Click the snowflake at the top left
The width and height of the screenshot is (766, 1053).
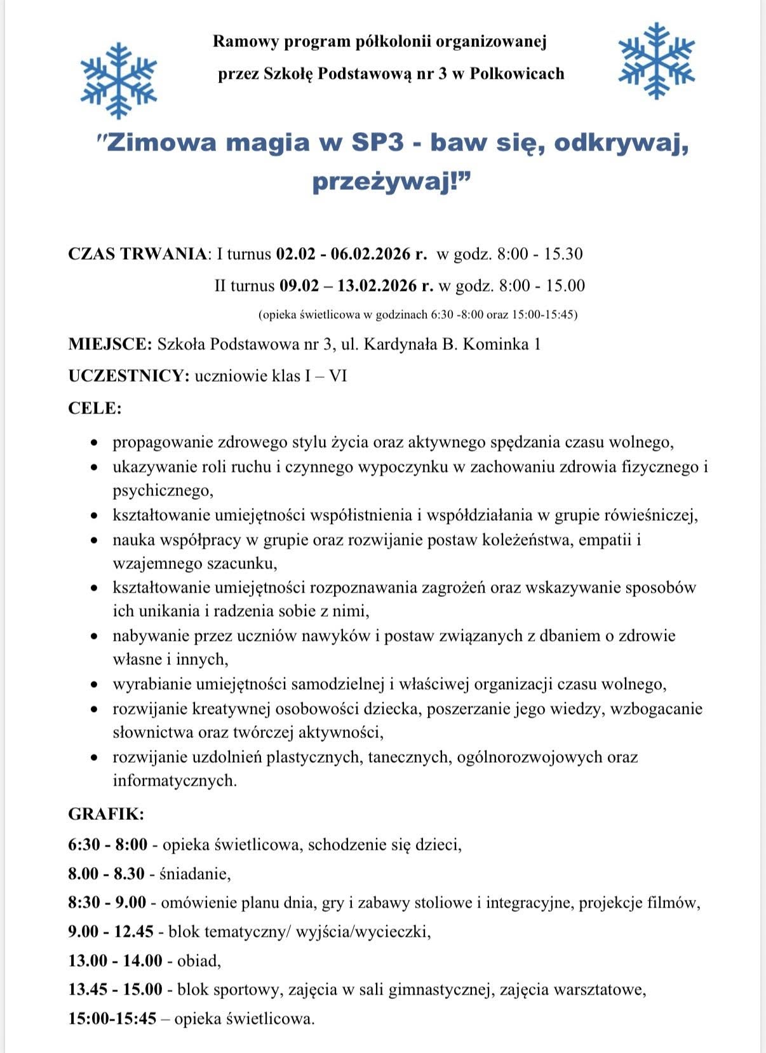click(119, 81)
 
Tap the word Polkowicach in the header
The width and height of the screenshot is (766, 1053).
click(517, 74)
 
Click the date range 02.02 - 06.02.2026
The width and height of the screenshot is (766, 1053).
click(346, 254)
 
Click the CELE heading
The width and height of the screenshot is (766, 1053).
click(95, 408)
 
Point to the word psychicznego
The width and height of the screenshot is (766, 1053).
click(163, 491)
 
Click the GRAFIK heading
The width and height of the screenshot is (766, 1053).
click(106, 814)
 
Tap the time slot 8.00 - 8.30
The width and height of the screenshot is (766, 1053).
click(107, 874)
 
